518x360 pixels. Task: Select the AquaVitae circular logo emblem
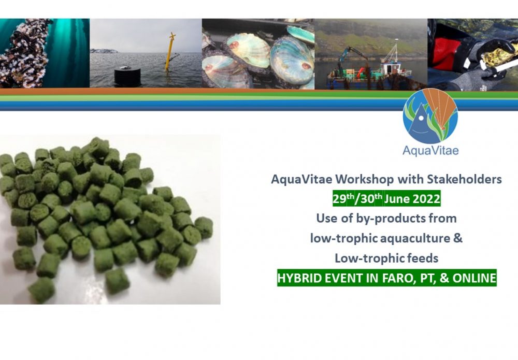(x=430, y=117)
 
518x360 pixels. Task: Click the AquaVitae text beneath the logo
(x=430, y=151)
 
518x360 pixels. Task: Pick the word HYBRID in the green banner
(x=297, y=278)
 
